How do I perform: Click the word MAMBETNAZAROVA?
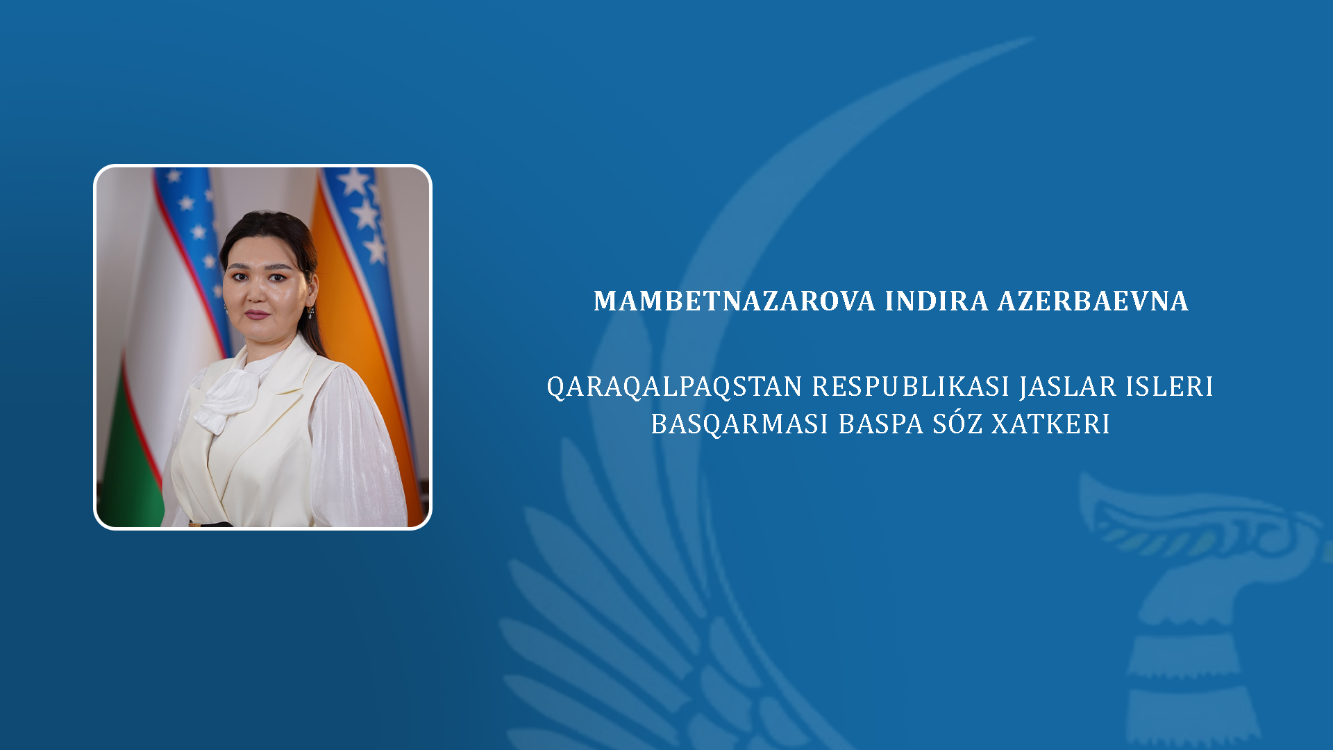click(735, 301)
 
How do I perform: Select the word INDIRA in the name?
click(937, 301)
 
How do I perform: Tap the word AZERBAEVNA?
click(1093, 301)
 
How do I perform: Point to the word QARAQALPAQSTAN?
click(675, 387)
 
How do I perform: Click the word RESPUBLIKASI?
click(911, 386)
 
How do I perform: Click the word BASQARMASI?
click(739, 424)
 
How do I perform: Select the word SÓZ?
click(957, 422)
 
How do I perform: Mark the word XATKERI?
click(1050, 424)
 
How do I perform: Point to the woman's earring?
click(310, 312)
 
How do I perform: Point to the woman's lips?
click(256, 314)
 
